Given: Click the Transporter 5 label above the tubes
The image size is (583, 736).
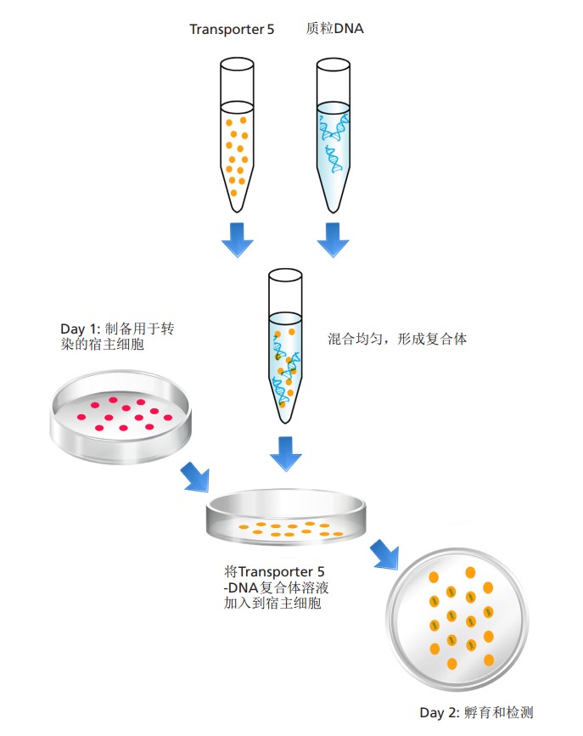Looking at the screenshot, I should pos(231,30).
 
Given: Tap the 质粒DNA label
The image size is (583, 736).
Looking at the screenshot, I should pos(334,29).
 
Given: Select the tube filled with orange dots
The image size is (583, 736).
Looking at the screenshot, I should pos(237,136).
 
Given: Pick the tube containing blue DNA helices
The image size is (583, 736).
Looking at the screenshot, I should pos(334,136).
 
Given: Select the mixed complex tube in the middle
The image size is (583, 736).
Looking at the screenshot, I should pos(285,344).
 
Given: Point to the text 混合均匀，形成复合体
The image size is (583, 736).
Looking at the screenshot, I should pos(397,339).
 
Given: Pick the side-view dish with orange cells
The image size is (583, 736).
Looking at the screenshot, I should pos(288,519).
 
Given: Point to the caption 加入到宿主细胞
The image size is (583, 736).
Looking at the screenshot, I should pos(266,604).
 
